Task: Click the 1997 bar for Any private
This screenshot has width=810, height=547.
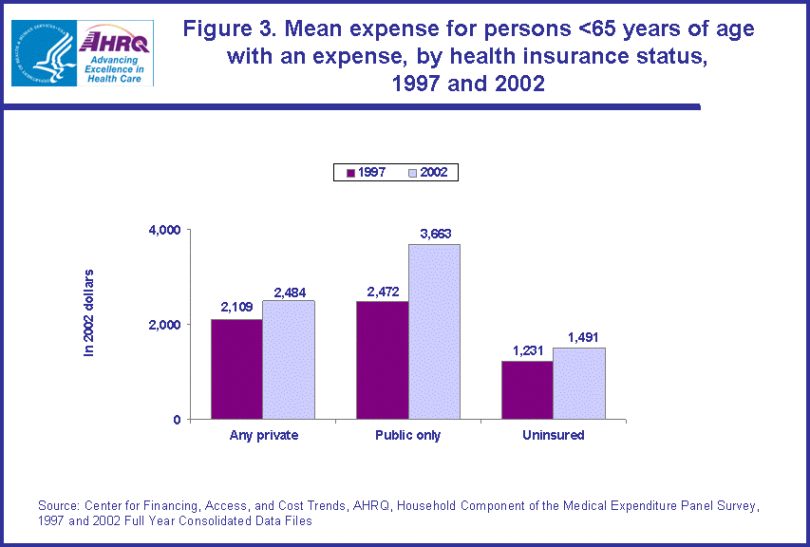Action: (x=236, y=368)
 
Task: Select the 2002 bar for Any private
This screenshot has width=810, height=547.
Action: (x=289, y=360)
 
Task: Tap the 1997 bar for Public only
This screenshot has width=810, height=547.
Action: (x=382, y=360)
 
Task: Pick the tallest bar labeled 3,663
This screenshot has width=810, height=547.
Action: (x=434, y=331)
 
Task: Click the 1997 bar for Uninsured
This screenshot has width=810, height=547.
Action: (x=527, y=389)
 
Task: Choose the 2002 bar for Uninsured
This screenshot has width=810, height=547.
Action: (x=579, y=383)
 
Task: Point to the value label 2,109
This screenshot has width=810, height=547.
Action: (x=236, y=308)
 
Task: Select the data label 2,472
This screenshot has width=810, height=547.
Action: (x=382, y=290)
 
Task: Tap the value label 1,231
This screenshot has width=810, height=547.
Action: (x=527, y=349)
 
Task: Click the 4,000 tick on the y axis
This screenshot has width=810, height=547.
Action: (x=163, y=230)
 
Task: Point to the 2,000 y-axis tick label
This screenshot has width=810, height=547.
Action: (x=163, y=325)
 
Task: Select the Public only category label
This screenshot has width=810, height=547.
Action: (x=408, y=436)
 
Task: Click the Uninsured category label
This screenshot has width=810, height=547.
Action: (x=553, y=436)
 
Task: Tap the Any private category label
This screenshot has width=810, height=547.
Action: (x=263, y=436)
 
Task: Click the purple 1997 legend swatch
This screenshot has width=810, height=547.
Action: (x=350, y=173)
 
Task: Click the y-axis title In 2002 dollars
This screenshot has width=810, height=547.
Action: (x=89, y=312)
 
